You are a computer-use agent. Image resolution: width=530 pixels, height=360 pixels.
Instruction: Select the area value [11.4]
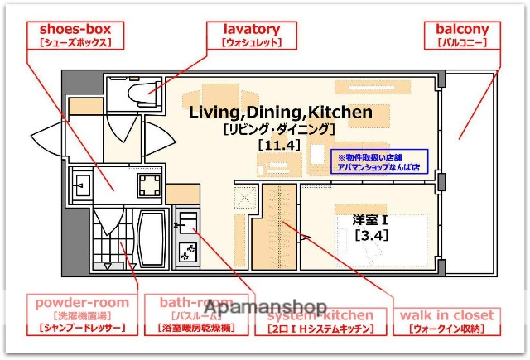click(277, 145)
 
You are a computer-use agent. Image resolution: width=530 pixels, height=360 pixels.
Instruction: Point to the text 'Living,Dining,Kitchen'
click(279, 112)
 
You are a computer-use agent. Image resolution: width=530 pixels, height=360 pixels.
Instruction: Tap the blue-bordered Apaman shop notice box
click(381, 161)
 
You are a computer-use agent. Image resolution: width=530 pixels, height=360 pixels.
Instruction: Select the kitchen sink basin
click(188, 222)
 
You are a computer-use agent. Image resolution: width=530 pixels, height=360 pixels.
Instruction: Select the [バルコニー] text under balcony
click(462, 42)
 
